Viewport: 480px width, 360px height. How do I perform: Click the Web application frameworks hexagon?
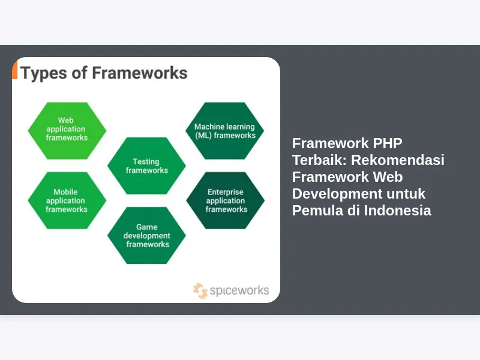pyautogui.click(x=67, y=131)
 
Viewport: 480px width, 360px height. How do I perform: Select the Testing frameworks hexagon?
pyautogui.click(x=146, y=166)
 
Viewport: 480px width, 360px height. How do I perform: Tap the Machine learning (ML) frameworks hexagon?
pyautogui.click(x=224, y=131)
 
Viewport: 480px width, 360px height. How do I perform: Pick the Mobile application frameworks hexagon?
pyautogui.click(x=67, y=200)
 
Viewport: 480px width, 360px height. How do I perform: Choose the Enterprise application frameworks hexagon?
pyautogui.click(x=226, y=200)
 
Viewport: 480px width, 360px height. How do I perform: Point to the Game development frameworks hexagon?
pyautogui.click(x=146, y=235)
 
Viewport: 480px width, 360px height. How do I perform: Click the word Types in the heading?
pyautogui.click(x=44, y=73)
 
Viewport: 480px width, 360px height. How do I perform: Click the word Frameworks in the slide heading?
pyautogui.click(x=140, y=73)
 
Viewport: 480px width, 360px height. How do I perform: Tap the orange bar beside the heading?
pyautogui.click(x=14, y=70)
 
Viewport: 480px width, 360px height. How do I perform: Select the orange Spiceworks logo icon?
pyautogui.click(x=200, y=290)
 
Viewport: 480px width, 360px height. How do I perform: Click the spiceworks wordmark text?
pyautogui.click(x=239, y=290)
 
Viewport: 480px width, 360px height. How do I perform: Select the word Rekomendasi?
pyautogui.click(x=398, y=160)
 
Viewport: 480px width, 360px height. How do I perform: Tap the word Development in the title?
pyautogui.click(x=337, y=194)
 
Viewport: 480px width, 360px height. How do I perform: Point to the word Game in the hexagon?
pyautogui.click(x=146, y=227)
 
